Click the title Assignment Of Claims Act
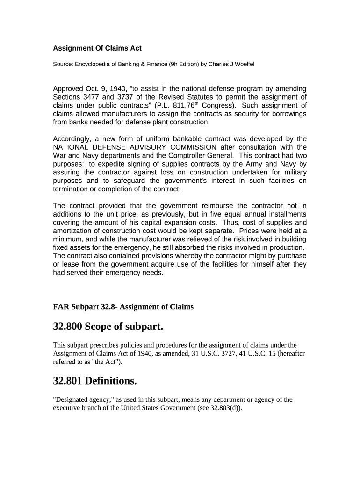(x=97, y=48)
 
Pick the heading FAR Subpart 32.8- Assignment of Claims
(x=123, y=307)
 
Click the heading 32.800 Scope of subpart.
(x=108, y=327)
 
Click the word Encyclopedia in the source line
(x=94, y=64)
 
